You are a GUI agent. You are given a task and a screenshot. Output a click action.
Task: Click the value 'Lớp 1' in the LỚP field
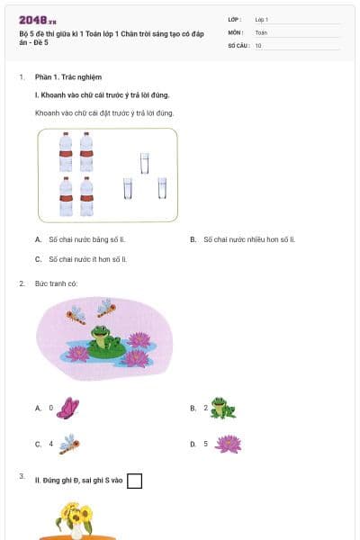point(262,19)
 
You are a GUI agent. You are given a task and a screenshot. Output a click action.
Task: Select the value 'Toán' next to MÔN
point(261,31)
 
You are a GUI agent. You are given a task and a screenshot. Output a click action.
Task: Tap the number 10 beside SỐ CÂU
point(258,44)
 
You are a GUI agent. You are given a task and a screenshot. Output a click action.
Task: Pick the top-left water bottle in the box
point(66,151)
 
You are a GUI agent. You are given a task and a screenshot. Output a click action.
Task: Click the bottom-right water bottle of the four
point(87,197)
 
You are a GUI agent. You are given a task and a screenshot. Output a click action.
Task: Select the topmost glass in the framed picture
point(144,162)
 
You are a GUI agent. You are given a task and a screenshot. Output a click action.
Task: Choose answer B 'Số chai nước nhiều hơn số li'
point(248,239)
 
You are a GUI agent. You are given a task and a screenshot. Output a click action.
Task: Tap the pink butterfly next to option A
point(68,408)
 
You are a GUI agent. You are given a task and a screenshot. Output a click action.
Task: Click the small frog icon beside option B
point(223,408)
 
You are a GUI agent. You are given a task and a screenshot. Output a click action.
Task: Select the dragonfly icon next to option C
point(69,444)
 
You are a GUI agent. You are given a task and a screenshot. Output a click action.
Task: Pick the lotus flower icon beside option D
point(228,444)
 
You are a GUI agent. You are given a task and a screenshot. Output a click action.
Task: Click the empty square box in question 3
point(135,481)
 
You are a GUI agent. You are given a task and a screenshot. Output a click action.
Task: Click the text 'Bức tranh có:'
point(56,283)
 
